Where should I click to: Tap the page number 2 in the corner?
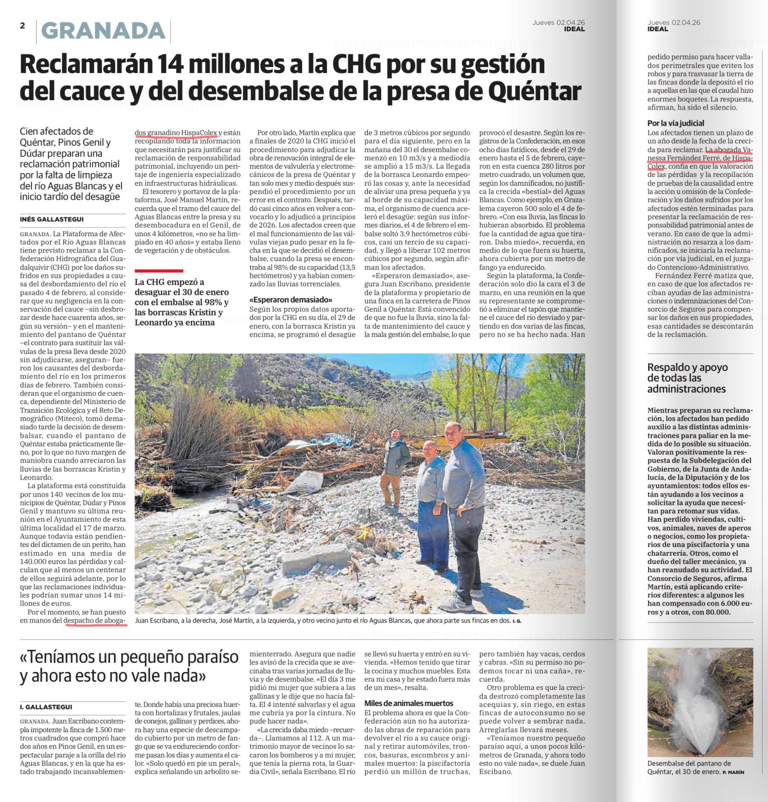click(22, 25)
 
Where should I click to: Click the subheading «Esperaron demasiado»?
click(291, 300)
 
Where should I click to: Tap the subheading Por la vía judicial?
click(675, 123)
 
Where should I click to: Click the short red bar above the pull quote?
click(159, 270)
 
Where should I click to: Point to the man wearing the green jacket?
click(394, 469)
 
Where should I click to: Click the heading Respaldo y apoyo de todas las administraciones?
click(681, 378)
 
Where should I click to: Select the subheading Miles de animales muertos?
click(408, 703)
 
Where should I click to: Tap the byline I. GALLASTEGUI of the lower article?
click(46, 706)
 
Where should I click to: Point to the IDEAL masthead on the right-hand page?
click(658, 29)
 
